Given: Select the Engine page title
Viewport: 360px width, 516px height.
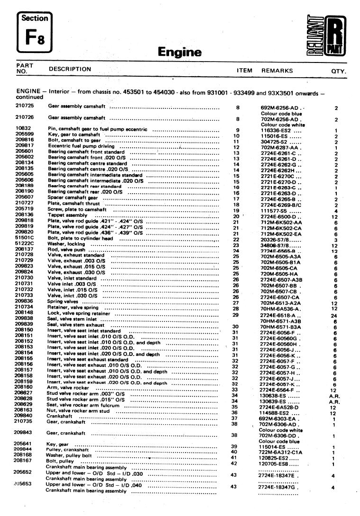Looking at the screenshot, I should coord(180,52).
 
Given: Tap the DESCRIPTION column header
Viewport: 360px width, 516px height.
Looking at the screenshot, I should coord(70,69).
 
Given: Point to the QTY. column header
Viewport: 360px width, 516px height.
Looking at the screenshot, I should coord(339,71).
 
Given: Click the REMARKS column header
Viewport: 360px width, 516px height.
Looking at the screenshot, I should coord(277,71).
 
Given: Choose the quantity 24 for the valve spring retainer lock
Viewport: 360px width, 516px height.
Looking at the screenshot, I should coord(333,315).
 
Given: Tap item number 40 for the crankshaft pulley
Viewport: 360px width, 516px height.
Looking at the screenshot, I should coord(233,451).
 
